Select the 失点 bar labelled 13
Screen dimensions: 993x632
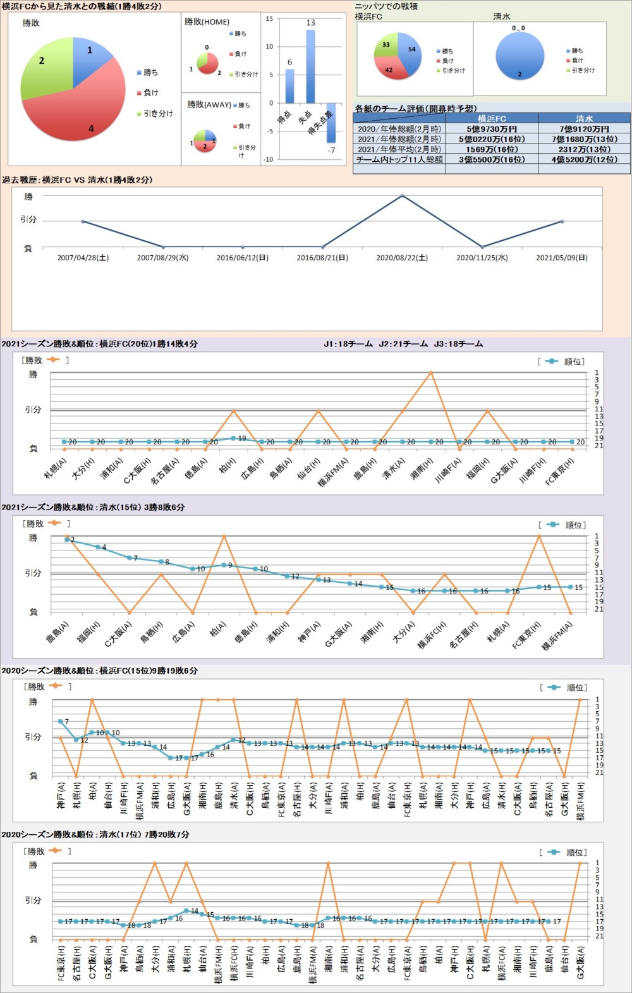tap(310, 66)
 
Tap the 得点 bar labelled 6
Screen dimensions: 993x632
tap(289, 86)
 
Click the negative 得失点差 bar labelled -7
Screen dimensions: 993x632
tap(331, 123)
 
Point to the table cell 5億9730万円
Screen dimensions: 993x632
tap(492, 129)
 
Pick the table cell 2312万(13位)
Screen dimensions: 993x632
tap(584, 149)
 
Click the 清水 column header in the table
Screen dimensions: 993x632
tap(584, 119)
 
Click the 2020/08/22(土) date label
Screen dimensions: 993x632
tap(402, 258)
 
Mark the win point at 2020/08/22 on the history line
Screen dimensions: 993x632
tap(403, 196)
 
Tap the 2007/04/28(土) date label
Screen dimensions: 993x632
tap(83, 258)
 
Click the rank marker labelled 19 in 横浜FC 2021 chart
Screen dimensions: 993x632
tap(234, 438)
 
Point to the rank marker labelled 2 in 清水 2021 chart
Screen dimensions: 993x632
tap(67, 539)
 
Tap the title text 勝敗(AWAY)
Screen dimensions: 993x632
tap(209, 105)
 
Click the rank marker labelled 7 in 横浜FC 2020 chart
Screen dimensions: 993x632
tap(61, 721)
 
